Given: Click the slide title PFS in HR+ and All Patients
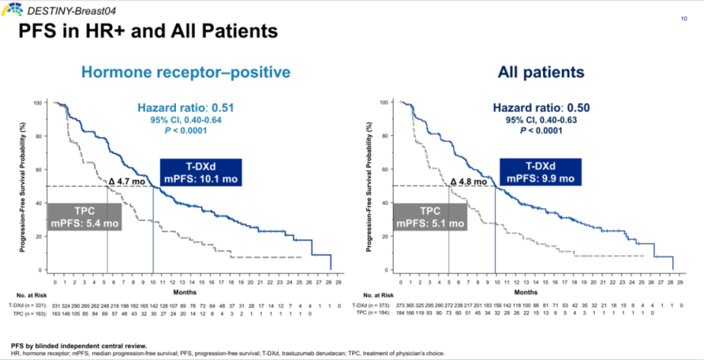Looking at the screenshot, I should coord(148,31).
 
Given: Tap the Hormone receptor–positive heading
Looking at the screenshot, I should coord(186,72).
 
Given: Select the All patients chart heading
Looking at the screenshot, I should coord(541,72).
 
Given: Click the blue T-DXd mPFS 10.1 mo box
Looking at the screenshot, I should coord(200,172).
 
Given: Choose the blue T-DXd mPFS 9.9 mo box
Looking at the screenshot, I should coord(540,172).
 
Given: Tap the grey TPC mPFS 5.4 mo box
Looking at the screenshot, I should coord(85,217).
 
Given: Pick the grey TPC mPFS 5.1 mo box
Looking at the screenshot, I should coord(431,217).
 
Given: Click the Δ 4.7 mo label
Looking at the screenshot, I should coord(125,182).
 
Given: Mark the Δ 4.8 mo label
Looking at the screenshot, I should coord(468,182).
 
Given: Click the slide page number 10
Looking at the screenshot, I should coord(684,19).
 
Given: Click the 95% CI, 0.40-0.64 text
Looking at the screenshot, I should coord(185,120).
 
